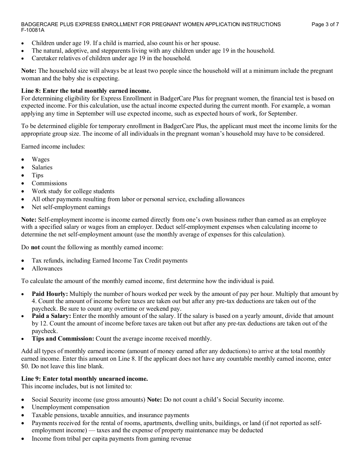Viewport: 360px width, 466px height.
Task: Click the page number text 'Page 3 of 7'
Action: coord(325,25)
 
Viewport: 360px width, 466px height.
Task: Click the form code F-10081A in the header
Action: coord(33,30)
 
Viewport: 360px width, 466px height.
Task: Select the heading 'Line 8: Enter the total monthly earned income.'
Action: coord(86,91)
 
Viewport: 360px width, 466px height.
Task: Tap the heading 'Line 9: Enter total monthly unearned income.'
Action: coord(85,379)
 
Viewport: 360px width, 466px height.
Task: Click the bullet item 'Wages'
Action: coord(41,160)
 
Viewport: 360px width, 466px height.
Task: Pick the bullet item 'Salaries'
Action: coord(42,167)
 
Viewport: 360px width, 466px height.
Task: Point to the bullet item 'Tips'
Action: coord(38,175)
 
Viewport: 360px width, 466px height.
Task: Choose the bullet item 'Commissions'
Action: coord(49,183)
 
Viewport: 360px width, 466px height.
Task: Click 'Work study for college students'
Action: coord(73,191)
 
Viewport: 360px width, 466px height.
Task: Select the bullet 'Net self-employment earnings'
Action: coord(71,207)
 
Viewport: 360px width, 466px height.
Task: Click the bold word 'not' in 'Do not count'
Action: coord(35,247)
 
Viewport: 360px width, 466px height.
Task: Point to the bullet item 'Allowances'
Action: coord(47,269)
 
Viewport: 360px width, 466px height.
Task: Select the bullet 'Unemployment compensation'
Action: coord(70,407)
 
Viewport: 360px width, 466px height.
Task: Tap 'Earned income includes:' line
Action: coord(53,146)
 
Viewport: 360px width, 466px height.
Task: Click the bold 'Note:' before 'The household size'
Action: coord(29,71)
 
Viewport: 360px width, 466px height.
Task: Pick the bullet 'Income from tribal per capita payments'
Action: coord(111,439)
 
